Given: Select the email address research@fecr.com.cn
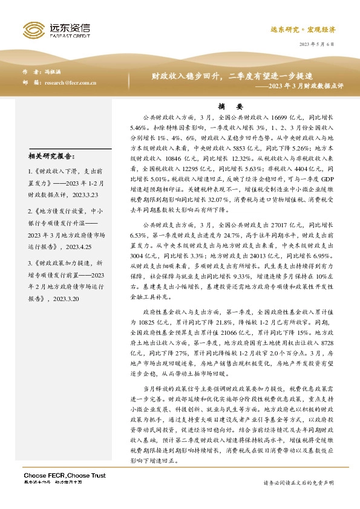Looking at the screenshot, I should click(x=71, y=82).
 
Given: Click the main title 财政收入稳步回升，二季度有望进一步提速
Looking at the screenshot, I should click(x=232, y=76).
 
